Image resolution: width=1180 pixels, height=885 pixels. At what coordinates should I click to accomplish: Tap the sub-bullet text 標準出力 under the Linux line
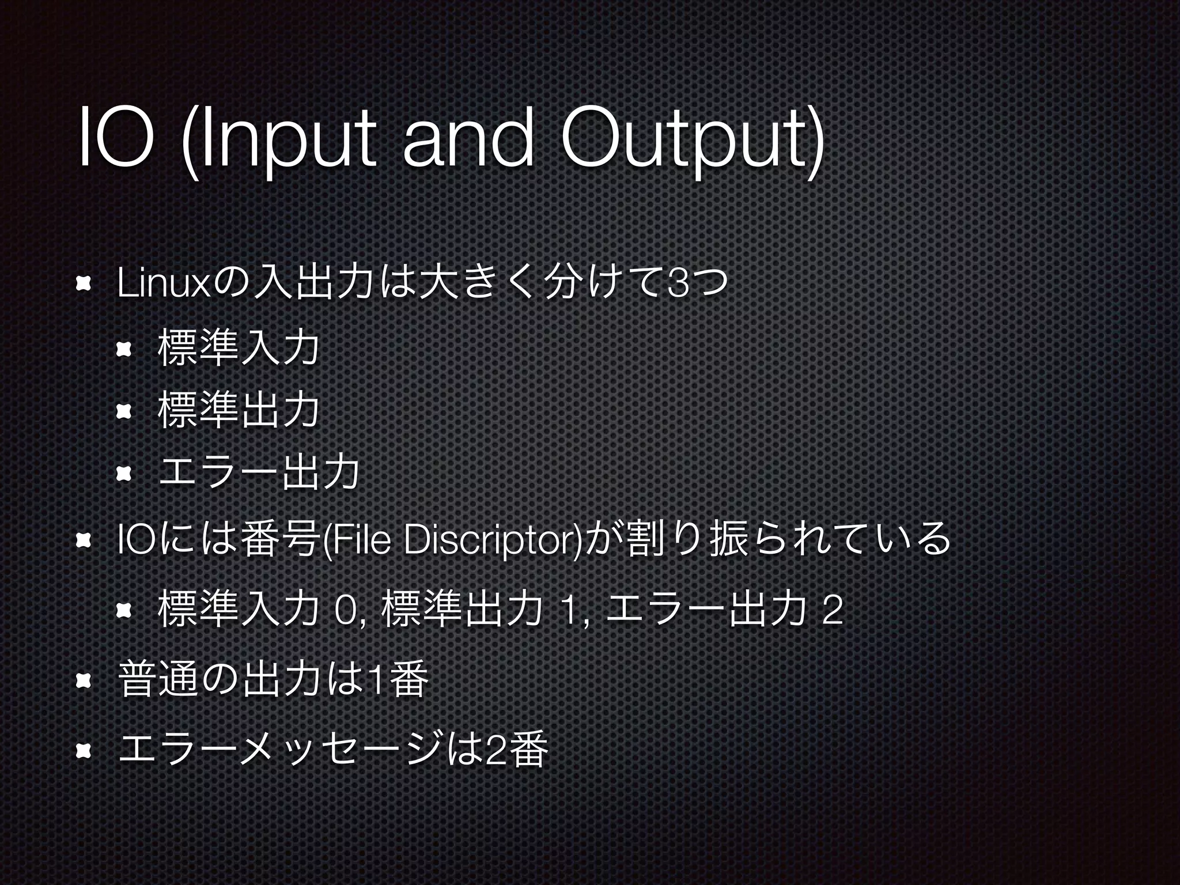pyautogui.click(x=238, y=410)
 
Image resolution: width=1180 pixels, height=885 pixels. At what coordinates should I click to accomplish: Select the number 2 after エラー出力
pyautogui.click(x=833, y=611)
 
